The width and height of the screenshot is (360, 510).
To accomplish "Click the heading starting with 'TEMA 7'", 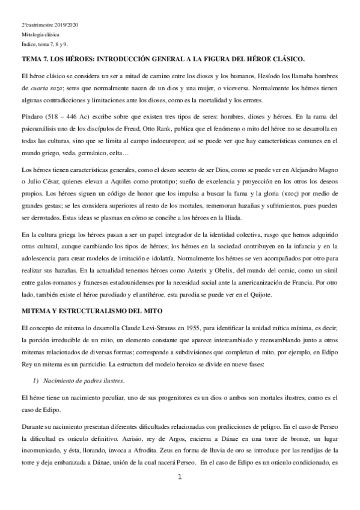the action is click(163, 60).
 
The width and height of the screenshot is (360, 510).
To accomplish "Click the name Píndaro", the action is click(33, 115).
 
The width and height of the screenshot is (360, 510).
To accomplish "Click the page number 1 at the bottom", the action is click(180, 478).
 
